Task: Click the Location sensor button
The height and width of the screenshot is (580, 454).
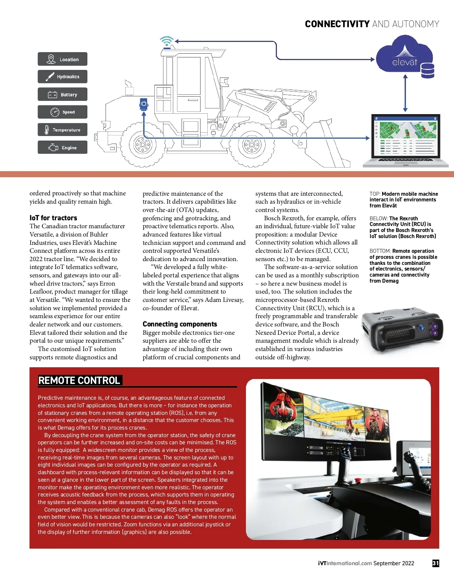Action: tap(62, 59)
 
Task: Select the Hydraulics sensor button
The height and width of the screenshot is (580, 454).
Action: tap(62, 77)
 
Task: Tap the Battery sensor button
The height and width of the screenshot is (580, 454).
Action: tap(62, 94)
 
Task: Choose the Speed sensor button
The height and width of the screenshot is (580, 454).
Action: tap(62, 112)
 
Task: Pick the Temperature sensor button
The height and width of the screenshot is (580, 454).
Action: tap(62, 130)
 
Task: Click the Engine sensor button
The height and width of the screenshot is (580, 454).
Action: tap(62, 148)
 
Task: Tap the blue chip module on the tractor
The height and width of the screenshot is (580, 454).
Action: tap(144, 104)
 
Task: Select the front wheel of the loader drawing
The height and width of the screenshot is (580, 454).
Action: tap(251, 144)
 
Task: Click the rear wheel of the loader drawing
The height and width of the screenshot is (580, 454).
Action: tap(142, 144)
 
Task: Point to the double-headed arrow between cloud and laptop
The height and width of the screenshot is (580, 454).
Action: tap(406, 93)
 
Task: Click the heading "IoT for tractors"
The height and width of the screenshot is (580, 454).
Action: tap(53, 218)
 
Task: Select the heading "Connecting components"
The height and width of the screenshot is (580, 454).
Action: tap(180, 324)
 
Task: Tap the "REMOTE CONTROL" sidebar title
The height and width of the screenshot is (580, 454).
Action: tap(79, 380)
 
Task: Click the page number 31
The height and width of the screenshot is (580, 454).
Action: tap(436, 563)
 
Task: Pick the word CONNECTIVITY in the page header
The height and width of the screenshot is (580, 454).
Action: tap(337, 24)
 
